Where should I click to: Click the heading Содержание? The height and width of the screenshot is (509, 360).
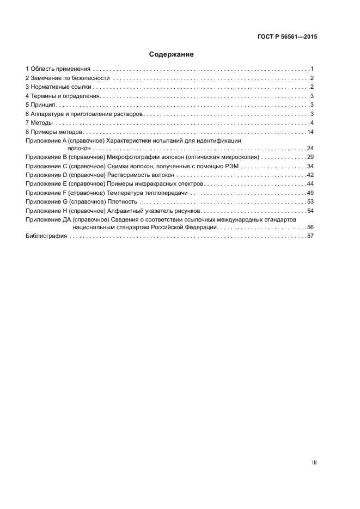pyautogui.click(x=172, y=54)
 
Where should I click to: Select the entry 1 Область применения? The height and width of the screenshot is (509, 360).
pyautogui.click(x=58, y=69)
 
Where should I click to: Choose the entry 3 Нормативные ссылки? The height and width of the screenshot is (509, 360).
pyautogui.click(x=58, y=87)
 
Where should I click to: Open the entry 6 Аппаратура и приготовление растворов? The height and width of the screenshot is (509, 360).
pyautogui.click(x=84, y=114)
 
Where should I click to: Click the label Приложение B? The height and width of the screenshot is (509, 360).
pyautogui.click(x=46, y=157)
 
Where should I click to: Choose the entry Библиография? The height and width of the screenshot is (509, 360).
pyautogui.click(x=46, y=236)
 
